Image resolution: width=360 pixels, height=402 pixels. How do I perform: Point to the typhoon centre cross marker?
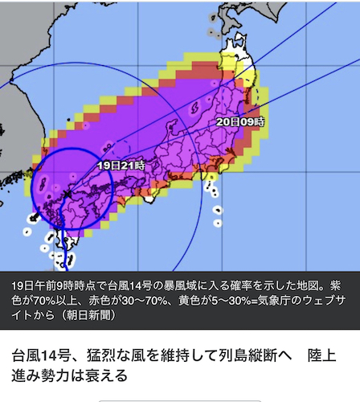pos(69,193)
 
